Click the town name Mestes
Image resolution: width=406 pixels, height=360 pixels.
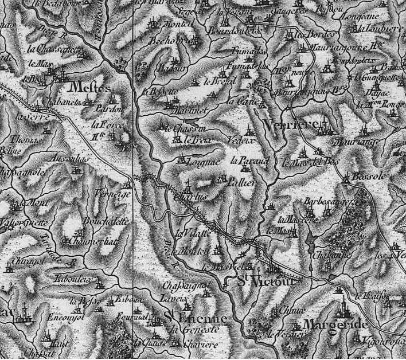[89, 87]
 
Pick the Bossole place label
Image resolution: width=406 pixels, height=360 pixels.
[368, 178]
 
